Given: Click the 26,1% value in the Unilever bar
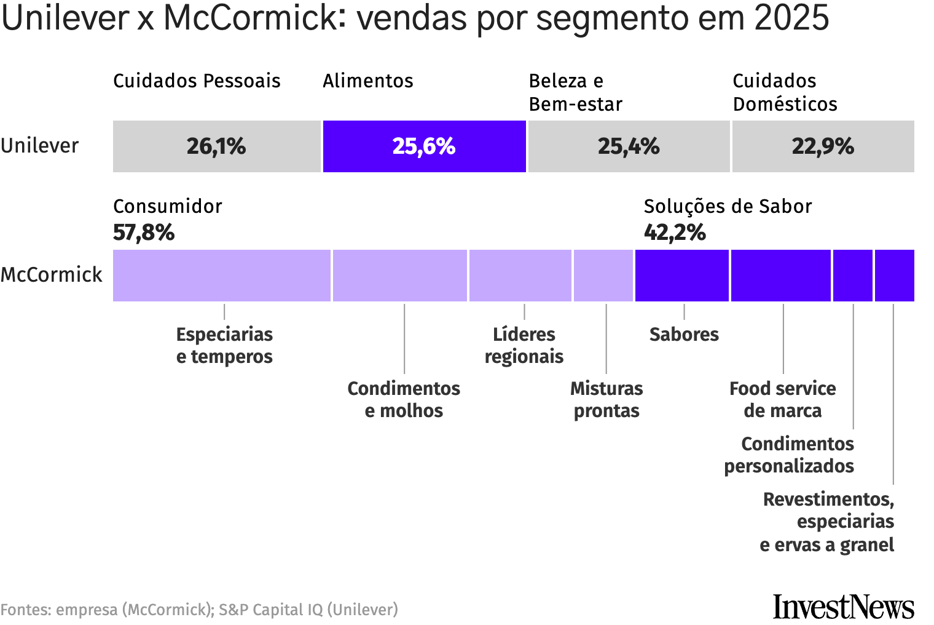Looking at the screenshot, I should click(x=216, y=146).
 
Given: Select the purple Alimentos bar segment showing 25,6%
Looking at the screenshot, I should click(x=424, y=146).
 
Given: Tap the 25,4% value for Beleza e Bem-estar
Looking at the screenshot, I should click(x=629, y=146).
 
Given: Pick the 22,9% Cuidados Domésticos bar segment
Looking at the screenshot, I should click(x=823, y=146).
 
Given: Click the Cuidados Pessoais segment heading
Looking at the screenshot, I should click(x=197, y=81).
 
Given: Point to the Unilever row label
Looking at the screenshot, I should click(x=40, y=146).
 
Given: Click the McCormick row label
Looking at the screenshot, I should click(x=52, y=275).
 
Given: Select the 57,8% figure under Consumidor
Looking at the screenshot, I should click(x=144, y=233).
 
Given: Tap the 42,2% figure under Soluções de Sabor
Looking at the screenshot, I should click(x=675, y=233).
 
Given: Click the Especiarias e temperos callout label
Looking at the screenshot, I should click(x=224, y=345).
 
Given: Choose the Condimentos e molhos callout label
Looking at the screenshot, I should click(x=404, y=399).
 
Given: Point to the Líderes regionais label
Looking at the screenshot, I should click(x=524, y=345).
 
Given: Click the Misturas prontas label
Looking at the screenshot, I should click(x=606, y=399).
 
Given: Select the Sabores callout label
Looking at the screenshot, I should click(x=684, y=334).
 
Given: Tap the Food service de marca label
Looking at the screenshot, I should click(x=782, y=399).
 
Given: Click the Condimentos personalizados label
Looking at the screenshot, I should click(x=790, y=455).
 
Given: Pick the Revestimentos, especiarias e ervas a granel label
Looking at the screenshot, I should click(x=828, y=522).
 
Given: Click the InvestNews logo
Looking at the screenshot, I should click(x=843, y=607).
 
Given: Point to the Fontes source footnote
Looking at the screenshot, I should click(x=199, y=610).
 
